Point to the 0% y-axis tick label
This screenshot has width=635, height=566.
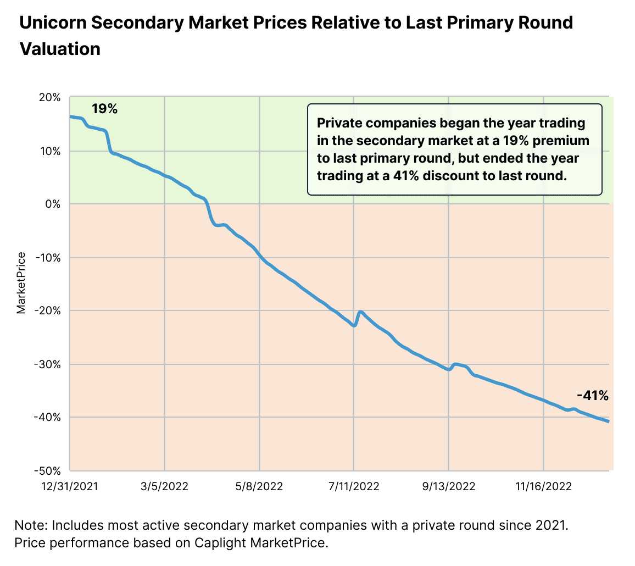[x=53, y=204]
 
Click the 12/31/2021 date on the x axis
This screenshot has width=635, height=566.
[x=70, y=486]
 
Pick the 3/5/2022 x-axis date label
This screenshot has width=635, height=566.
[x=165, y=486]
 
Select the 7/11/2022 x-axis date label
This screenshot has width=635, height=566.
[x=353, y=486]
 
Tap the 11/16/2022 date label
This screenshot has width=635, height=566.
[x=543, y=486]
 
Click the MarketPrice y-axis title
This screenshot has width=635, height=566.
[x=21, y=283]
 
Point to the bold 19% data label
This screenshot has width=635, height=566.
[x=104, y=109]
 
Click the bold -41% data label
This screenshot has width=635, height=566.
[x=592, y=395]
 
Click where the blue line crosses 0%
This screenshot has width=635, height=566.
[x=207, y=204]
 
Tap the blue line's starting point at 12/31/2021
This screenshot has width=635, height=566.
[x=70, y=116]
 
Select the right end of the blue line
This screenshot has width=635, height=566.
[x=609, y=421]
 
